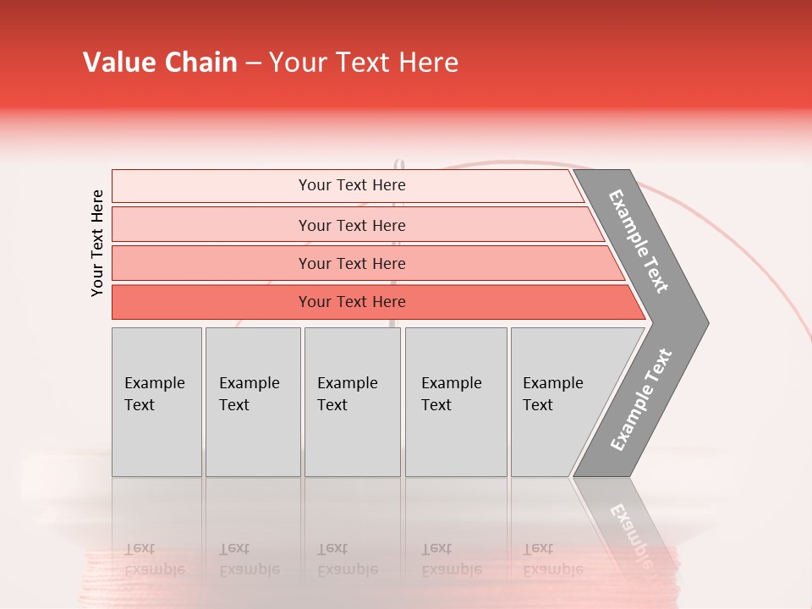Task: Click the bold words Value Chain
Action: [160, 63]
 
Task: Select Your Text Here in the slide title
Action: [364, 63]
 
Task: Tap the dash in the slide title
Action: [253, 63]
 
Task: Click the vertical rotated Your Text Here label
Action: [97, 243]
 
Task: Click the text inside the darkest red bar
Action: [352, 302]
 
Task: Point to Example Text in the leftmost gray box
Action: [154, 393]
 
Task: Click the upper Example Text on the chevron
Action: [639, 241]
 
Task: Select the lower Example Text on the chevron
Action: [641, 399]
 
